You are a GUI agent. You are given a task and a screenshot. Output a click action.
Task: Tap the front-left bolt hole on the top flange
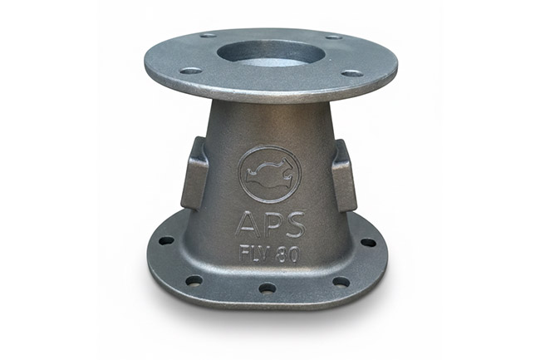tap(191, 72)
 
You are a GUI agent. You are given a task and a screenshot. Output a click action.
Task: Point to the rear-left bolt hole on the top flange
tap(208, 35)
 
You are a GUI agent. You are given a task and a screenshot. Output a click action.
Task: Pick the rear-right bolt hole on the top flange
tap(333, 37)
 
